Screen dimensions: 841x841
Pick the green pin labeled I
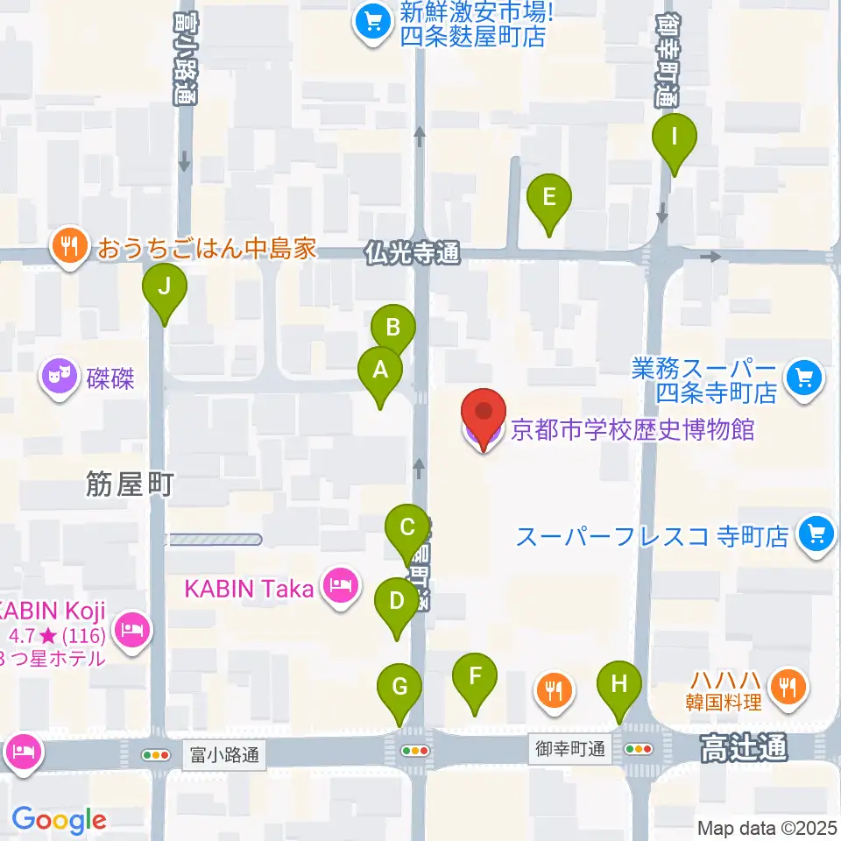tap(674, 138)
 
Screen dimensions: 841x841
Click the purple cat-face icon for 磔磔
tap(60, 379)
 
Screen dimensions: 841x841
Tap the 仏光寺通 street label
tap(412, 254)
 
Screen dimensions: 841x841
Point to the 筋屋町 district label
tap(131, 484)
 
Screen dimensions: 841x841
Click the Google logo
tap(59, 820)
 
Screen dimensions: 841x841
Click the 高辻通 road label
tap(743, 747)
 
